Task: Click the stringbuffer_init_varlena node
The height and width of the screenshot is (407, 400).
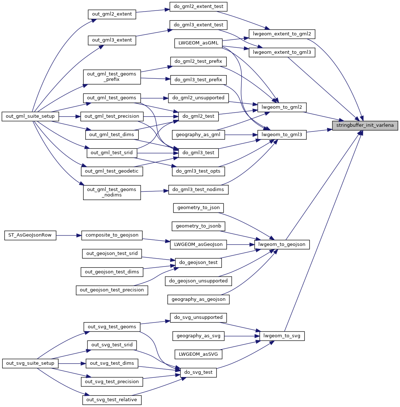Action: click(365, 126)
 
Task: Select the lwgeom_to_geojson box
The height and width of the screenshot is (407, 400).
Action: click(282, 244)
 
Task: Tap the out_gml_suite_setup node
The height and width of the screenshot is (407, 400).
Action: click(30, 116)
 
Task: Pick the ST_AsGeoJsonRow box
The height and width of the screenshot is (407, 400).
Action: click(30, 235)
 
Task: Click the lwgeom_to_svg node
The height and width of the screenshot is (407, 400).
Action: click(282, 336)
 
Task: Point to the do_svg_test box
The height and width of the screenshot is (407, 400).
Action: click(198, 372)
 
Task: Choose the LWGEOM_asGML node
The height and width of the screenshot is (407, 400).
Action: click(198, 43)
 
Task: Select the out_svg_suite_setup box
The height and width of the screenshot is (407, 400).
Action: click(30, 363)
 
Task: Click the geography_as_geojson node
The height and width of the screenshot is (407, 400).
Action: click(198, 299)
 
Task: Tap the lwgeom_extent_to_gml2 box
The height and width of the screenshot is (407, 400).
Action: click(282, 34)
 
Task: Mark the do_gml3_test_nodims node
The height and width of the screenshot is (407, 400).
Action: click(198, 190)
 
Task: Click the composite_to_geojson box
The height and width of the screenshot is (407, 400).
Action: click(112, 235)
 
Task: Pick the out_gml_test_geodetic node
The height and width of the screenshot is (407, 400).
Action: click(112, 171)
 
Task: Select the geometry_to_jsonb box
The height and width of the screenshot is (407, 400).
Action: click(198, 226)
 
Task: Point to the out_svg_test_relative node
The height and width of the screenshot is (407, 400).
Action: click(112, 400)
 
